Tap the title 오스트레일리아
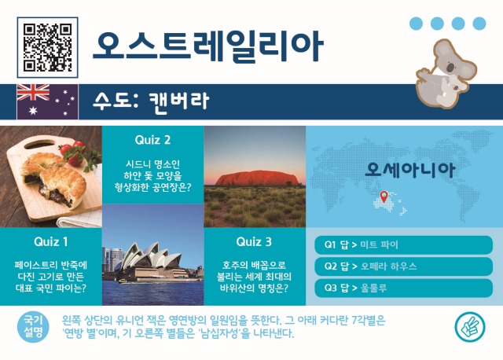point(207,46)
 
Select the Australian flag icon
point(47,98)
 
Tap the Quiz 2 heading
point(152,140)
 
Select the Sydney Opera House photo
point(152,256)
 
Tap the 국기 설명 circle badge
point(33,326)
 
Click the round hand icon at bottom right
point(468,326)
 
